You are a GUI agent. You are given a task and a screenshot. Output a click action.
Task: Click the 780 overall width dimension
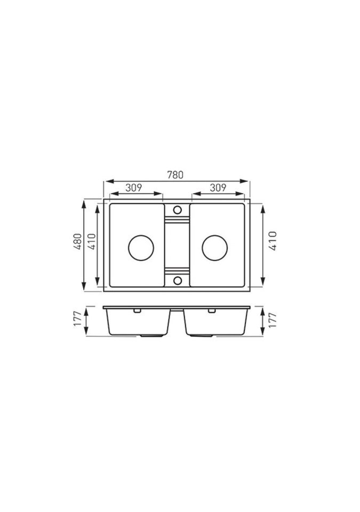pyautogui.click(x=175, y=175)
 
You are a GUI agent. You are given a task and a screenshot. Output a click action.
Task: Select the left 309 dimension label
pyautogui.click(x=134, y=188)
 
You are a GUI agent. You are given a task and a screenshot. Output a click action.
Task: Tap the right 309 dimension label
pyautogui.click(x=218, y=188)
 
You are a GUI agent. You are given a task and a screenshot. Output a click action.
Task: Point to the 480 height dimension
pyautogui.click(x=77, y=241)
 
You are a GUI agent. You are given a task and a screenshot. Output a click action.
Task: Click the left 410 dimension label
pyautogui.click(x=92, y=241)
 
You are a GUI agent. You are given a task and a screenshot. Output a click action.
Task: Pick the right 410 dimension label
pyautogui.click(x=273, y=241)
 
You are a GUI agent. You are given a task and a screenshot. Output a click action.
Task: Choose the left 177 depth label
pyautogui.click(x=77, y=319)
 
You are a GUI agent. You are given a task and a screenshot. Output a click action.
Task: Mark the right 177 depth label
pyautogui.click(x=273, y=321)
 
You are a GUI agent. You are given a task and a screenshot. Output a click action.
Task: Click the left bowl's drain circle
pyautogui.click(x=141, y=248)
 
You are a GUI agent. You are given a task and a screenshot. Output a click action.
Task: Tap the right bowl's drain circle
pyautogui.click(x=214, y=248)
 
